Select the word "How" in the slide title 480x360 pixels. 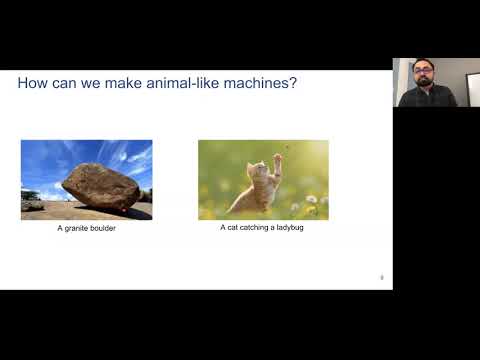[x=33, y=83]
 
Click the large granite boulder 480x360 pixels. [x=100, y=186]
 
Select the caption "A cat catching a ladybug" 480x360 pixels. [x=263, y=228]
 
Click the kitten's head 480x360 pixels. [x=257, y=171]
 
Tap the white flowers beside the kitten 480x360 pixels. [x=312, y=200]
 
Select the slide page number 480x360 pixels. [x=382, y=277]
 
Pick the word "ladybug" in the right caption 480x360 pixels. [x=290, y=228]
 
